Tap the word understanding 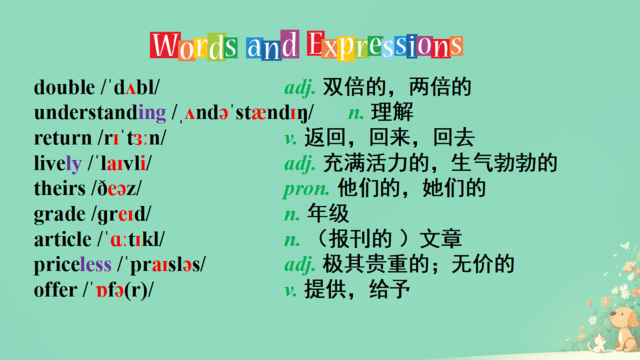[x=100, y=113]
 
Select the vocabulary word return [x=62, y=138]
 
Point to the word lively [x=58, y=163]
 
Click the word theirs [x=59, y=188]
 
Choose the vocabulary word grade [x=59, y=214]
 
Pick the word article [x=62, y=239]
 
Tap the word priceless [x=73, y=265]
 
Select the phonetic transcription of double [x=130, y=87]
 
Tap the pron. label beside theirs [x=306, y=189]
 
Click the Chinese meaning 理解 [x=392, y=113]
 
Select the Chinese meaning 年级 [x=328, y=214]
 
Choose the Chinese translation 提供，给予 [x=357, y=290]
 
